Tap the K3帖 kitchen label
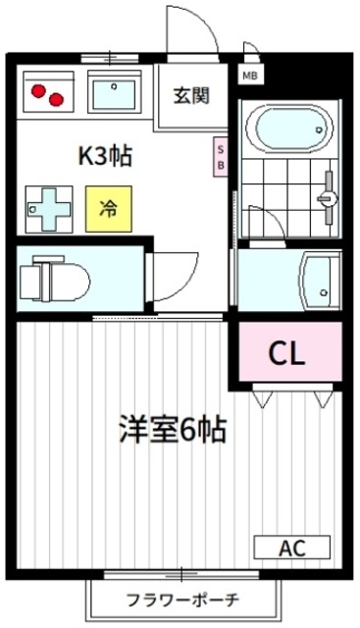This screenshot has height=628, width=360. click(105, 155)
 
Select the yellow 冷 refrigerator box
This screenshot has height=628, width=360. click(108, 208)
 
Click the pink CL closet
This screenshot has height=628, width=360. click(288, 350)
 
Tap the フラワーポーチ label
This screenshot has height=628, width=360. click(182, 598)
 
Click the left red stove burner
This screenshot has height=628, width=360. click(38, 90)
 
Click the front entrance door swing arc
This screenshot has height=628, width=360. click(196, 34)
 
